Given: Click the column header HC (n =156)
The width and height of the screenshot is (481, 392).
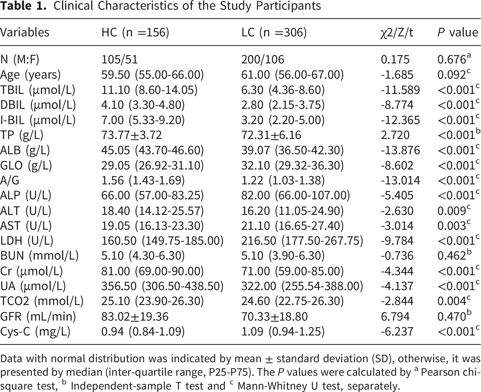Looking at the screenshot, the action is pos(135,33).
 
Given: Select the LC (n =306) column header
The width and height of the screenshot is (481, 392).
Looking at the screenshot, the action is pos(274,33).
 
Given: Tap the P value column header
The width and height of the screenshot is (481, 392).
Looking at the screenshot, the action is pos(458,33).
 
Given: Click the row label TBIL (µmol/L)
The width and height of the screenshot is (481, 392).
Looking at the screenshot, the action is pos(38,90).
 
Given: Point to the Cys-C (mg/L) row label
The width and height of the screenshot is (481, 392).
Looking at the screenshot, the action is pos(35,332).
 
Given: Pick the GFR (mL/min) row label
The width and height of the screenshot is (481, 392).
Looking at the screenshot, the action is pos(38,316).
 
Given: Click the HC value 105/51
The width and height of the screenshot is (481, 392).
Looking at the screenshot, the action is pos(120,60).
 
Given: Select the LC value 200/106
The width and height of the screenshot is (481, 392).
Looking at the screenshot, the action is pos(263,60).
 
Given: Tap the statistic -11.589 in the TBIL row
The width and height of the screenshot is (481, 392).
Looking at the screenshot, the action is pos(400,90).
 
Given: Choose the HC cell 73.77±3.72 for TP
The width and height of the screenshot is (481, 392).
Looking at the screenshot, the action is pos(131,135).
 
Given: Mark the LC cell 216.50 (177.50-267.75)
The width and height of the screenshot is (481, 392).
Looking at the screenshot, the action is pos(302,241).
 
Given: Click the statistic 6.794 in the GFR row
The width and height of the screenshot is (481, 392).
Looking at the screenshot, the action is pos(395,316).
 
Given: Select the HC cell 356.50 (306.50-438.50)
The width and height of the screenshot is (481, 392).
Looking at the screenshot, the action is pos(163,286).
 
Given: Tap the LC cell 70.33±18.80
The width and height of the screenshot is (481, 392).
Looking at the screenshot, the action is pos(274,316).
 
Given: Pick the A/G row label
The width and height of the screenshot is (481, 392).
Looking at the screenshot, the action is pos(10,181).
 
